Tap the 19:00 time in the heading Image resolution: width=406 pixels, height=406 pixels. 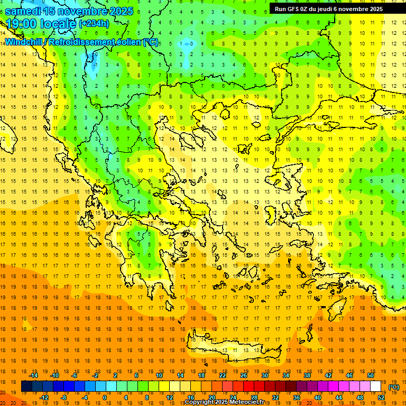click(x=23, y=24)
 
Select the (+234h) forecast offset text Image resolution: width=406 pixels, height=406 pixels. click(x=94, y=24)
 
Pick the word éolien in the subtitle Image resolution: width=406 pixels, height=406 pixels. click(x=132, y=42)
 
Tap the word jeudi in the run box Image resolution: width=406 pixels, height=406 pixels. click(x=330, y=9)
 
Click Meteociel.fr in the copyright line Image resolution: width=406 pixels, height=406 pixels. click(x=250, y=402)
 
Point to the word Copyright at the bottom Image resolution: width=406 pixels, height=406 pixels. click(x=200, y=402)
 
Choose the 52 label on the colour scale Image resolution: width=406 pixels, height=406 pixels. click(x=381, y=398)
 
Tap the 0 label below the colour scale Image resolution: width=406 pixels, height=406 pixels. click(x=104, y=398)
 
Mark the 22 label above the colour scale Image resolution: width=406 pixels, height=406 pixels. click(x=223, y=375)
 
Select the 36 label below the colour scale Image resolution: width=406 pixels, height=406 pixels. click(x=297, y=398)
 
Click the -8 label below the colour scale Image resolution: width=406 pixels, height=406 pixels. click(x=63, y=398)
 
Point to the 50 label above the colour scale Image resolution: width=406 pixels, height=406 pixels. click(x=371, y=375)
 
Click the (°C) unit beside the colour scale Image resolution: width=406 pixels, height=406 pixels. click(x=394, y=387)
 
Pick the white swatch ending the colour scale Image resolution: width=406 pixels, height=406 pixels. click(x=376, y=386)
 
